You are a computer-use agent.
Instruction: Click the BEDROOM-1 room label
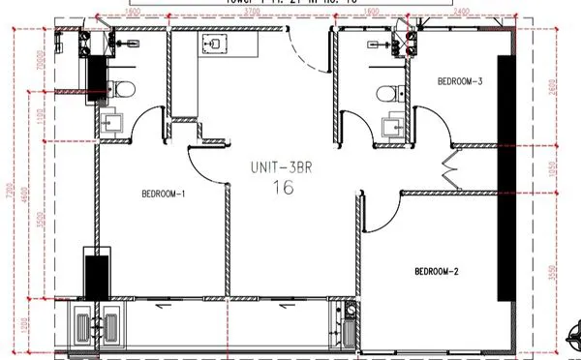[163, 194]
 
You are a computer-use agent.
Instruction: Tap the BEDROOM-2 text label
[436, 270]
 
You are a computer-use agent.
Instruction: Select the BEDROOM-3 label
[460, 81]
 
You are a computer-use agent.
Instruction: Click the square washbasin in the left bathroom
[111, 122]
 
